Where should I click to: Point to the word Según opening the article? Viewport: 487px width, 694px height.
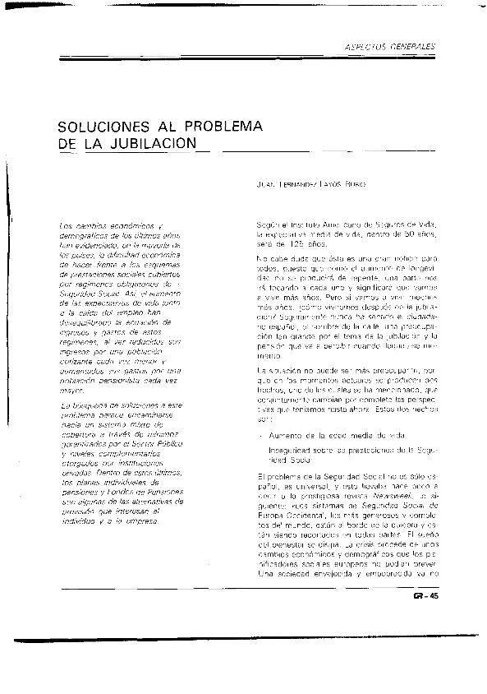tap(269, 224)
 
